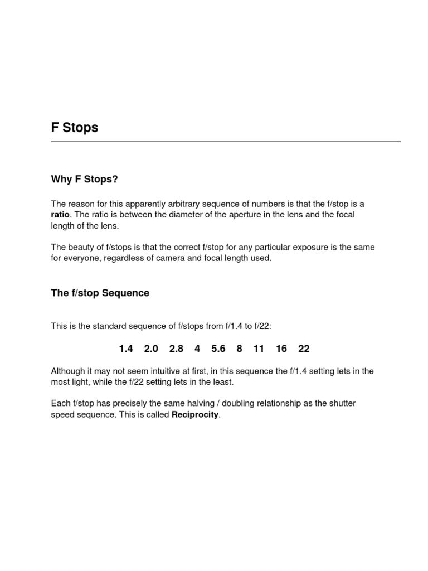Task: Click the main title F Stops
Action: [x=75, y=128]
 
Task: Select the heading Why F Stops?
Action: [x=85, y=179]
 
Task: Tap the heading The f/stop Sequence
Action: [x=100, y=293]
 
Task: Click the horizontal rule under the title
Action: [x=226, y=142]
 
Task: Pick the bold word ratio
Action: [x=60, y=215]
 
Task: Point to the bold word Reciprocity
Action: [x=195, y=414]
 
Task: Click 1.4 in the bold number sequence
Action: [x=126, y=349]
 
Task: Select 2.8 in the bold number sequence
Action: [x=176, y=349]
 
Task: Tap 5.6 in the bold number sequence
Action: [x=218, y=349]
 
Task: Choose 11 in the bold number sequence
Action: [x=259, y=349]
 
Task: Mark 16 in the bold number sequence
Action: [x=281, y=349]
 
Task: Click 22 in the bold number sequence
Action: [x=304, y=349]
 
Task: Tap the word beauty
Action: [x=81, y=248]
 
